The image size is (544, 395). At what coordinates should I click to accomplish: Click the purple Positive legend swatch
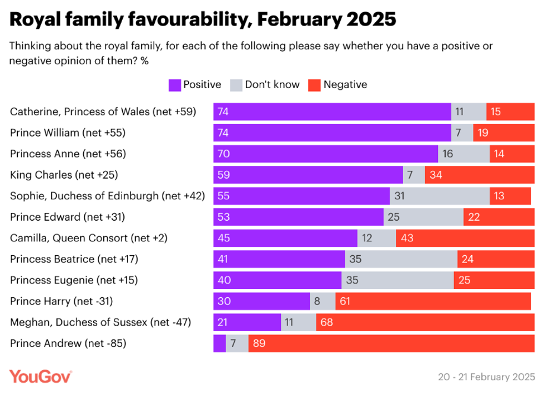[x=174, y=85]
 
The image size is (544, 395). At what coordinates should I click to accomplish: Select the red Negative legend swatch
[x=315, y=85]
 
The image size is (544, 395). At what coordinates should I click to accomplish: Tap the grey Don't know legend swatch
[x=236, y=85]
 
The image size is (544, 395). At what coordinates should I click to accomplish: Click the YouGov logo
[x=41, y=376]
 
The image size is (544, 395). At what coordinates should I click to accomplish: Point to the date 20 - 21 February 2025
[x=486, y=377]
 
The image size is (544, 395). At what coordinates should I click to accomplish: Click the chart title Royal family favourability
[x=203, y=19]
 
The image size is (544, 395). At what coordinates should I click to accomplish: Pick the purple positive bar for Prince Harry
[x=261, y=301]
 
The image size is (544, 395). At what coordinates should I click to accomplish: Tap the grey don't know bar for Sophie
[x=439, y=196]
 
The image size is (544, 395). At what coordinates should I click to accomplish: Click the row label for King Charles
[x=64, y=175]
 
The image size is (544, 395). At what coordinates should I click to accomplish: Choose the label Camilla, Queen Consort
[x=89, y=238]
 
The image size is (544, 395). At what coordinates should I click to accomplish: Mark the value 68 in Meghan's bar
[x=327, y=322]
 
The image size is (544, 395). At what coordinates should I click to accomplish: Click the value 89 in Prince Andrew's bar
[x=259, y=343]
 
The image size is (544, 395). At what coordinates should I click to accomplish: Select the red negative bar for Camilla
[x=465, y=238]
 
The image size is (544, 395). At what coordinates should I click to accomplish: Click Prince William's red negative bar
[x=503, y=133]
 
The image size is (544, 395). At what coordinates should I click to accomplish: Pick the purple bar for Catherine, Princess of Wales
[x=332, y=112]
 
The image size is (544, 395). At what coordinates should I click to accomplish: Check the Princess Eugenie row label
[x=74, y=280]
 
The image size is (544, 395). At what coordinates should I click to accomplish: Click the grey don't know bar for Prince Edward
[x=424, y=217]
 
